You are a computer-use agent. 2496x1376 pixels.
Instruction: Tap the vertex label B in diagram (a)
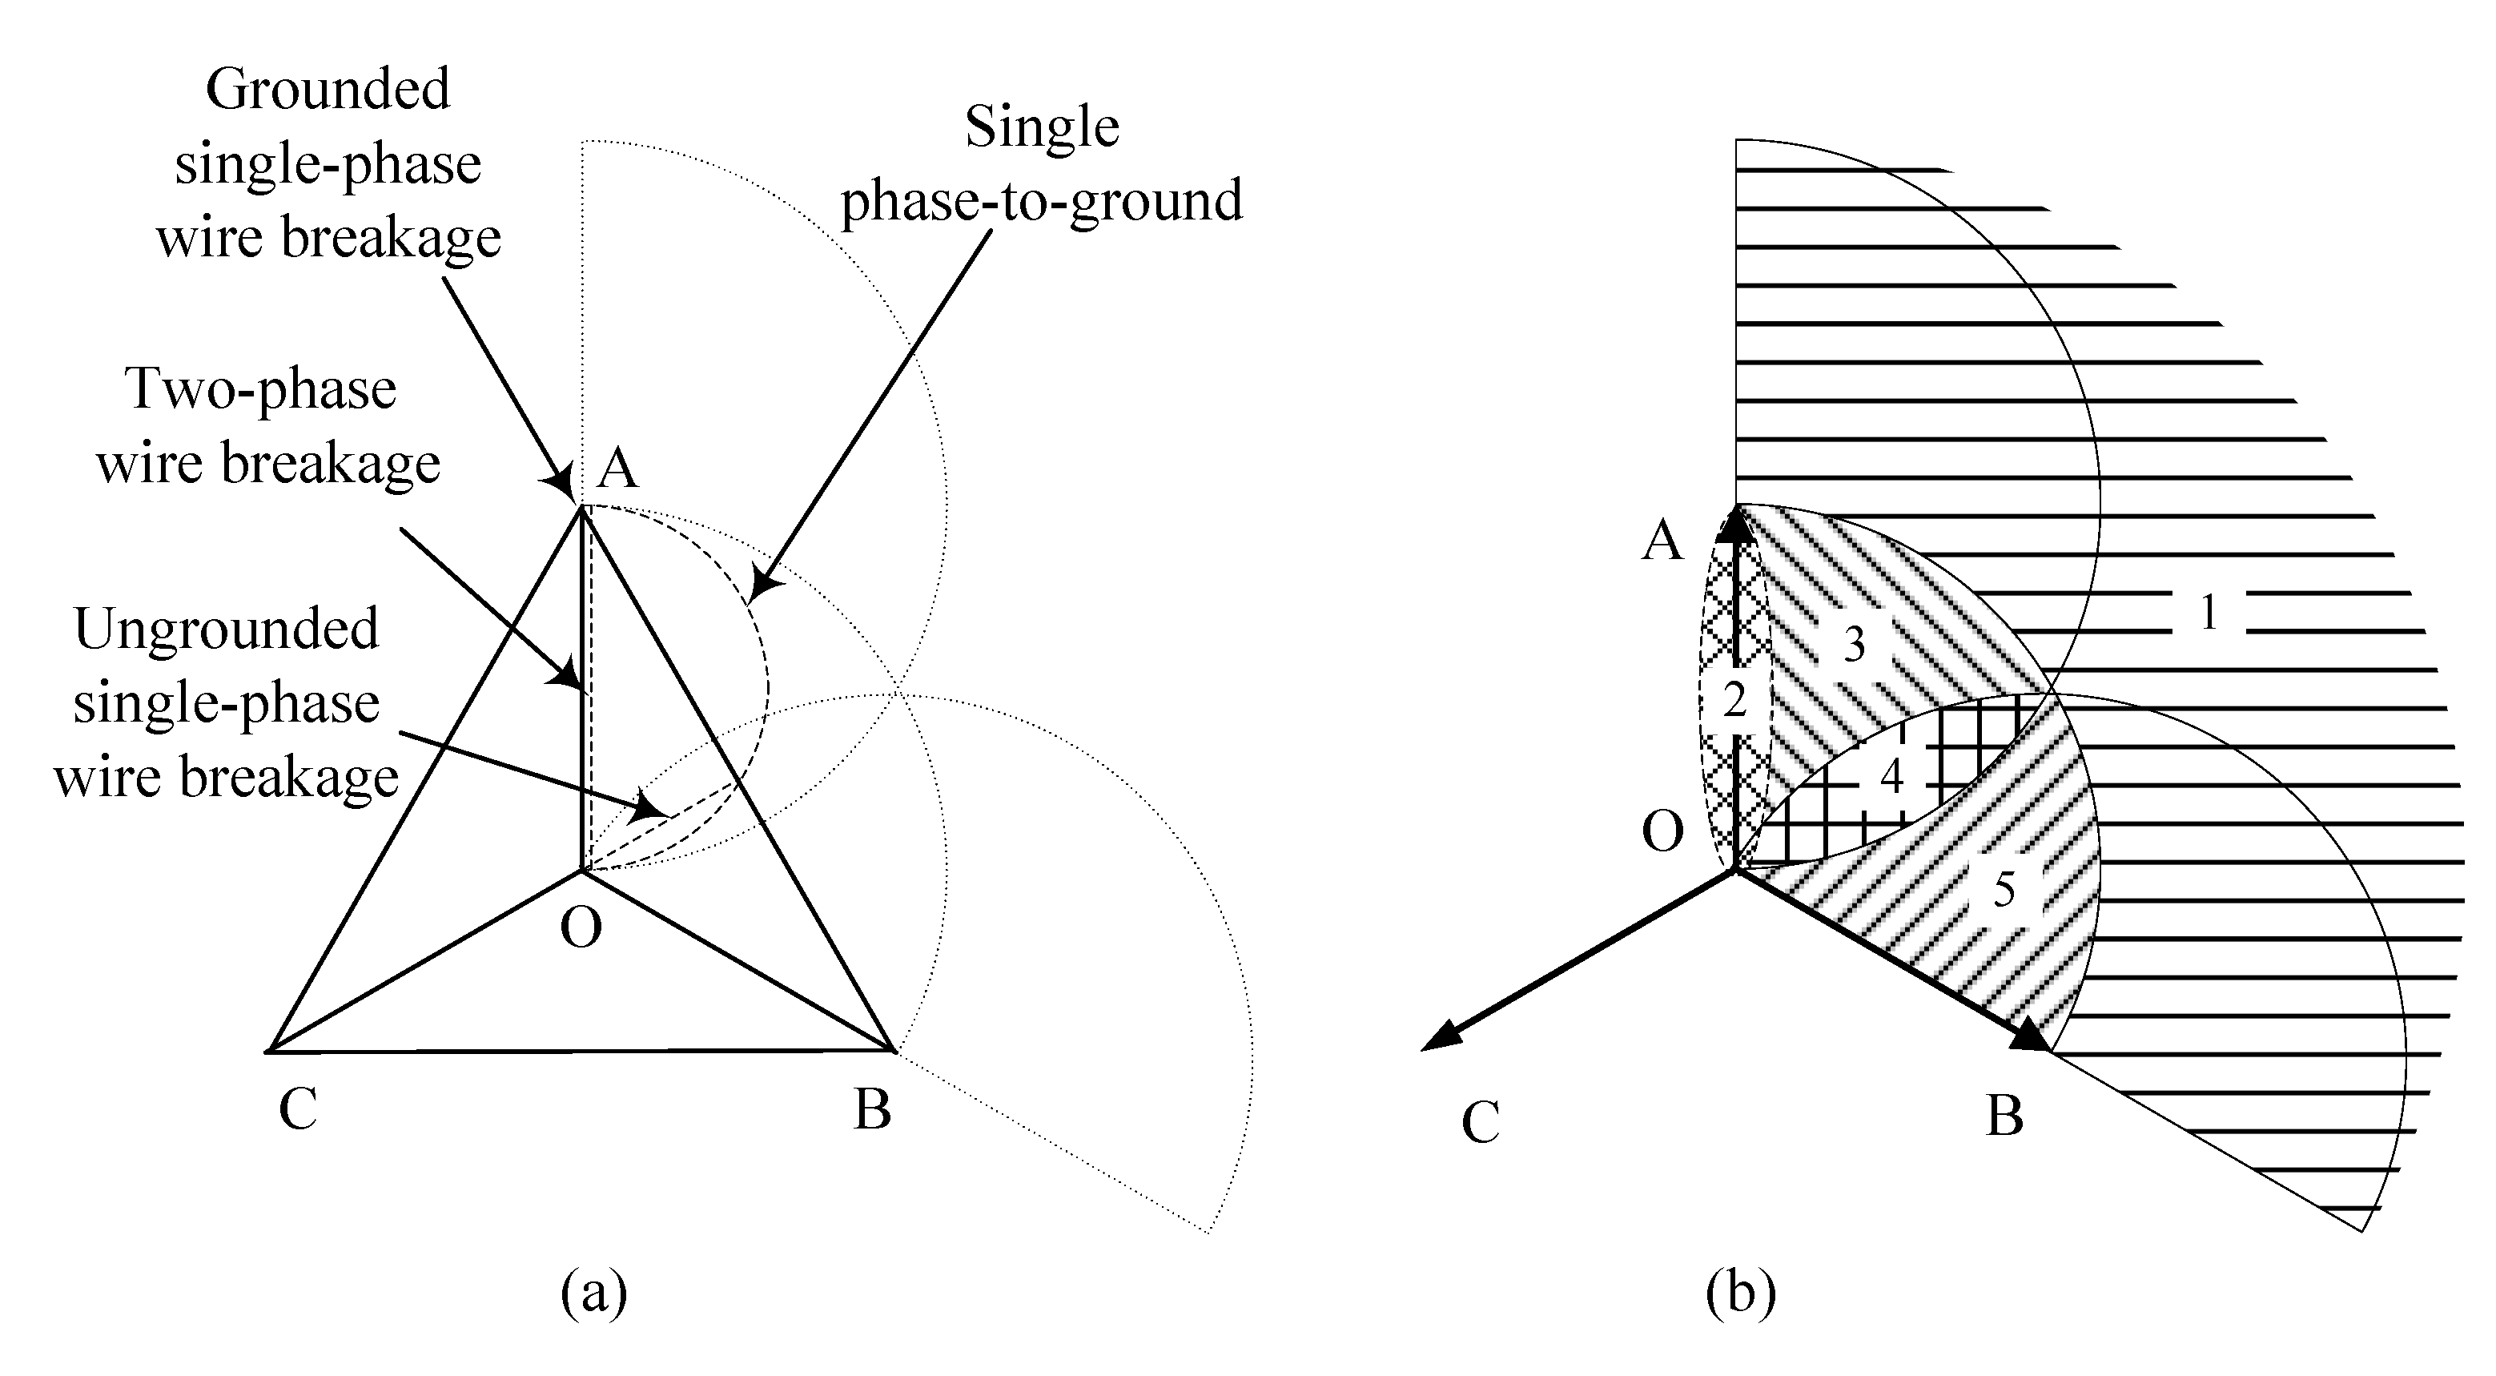click(x=872, y=1109)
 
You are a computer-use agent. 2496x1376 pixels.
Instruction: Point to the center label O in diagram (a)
click(x=581, y=927)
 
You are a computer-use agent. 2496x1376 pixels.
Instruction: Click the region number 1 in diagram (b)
click(x=2209, y=613)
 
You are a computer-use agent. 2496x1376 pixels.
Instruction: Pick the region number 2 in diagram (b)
click(x=1734, y=700)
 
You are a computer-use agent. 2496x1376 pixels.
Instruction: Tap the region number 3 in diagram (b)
click(x=1853, y=646)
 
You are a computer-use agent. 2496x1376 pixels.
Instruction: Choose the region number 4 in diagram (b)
click(x=1891, y=776)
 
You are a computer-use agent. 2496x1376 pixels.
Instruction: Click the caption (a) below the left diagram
click(x=594, y=1293)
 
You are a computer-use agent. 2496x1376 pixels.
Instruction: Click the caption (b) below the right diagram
click(x=1740, y=1293)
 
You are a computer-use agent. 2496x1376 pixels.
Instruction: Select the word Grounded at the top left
click(x=328, y=91)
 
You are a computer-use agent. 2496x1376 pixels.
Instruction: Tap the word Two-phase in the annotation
click(x=262, y=389)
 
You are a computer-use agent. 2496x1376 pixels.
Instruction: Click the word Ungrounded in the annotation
click(x=226, y=629)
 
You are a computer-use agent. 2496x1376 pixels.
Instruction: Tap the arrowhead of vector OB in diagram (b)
click(x=2031, y=1038)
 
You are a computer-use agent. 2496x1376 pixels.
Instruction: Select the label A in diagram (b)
click(x=1662, y=541)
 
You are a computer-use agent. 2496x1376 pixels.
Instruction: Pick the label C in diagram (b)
click(x=1481, y=1123)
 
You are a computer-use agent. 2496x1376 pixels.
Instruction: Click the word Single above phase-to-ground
click(x=1042, y=128)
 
